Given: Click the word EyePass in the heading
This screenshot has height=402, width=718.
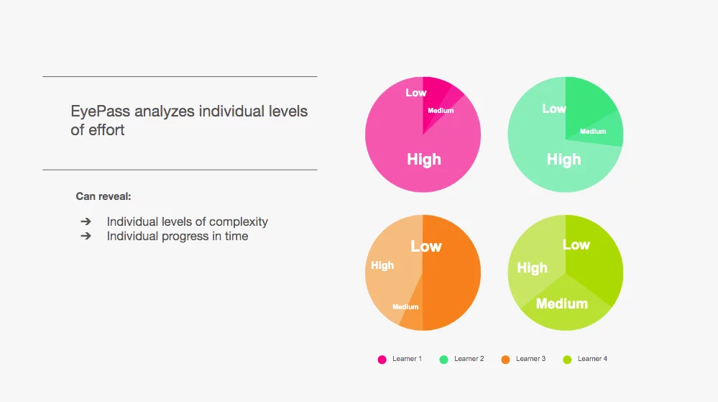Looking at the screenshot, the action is tap(101, 111).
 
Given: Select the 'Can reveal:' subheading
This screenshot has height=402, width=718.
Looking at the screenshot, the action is tap(103, 196).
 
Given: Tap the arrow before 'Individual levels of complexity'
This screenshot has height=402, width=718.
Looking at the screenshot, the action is tap(86, 221).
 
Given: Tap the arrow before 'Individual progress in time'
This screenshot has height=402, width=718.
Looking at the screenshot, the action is tap(86, 236).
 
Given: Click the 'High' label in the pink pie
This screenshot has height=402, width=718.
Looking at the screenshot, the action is tap(424, 160).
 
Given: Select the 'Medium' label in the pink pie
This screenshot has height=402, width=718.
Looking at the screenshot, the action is tap(441, 111).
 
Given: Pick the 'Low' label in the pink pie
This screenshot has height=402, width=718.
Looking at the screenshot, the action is tap(416, 93).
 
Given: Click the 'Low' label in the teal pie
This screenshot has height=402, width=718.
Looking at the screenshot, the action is tap(554, 109).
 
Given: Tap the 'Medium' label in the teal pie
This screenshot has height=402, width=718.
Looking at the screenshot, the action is tap(593, 132).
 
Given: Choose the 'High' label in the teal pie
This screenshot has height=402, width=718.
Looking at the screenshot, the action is tap(563, 160).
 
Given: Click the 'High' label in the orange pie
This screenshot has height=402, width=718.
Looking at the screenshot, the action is tap(382, 265).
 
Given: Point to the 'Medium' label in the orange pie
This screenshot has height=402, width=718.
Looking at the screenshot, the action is tap(405, 306).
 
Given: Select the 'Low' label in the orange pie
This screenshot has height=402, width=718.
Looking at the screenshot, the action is tap(426, 247).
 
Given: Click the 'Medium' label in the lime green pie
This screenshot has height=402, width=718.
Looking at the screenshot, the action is tap(562, 303).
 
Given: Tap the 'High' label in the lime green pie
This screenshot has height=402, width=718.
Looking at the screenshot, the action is tap(532, 268).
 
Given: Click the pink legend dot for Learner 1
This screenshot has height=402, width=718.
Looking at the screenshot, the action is tap(382, 360).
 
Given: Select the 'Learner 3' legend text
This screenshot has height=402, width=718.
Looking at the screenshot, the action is tap(530, 359).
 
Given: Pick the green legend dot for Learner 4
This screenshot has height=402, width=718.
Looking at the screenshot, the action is tap(567, 360).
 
